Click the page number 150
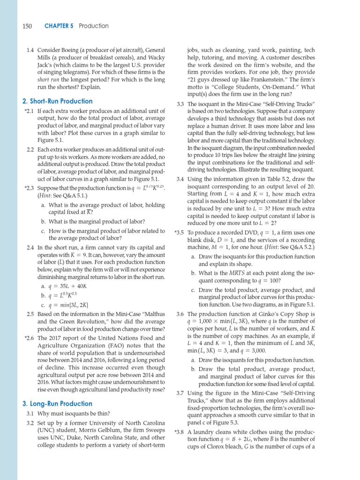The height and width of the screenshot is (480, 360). click(27, 26)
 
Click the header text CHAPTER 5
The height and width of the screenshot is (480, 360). click(59, 26)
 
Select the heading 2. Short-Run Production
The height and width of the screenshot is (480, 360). click(58, 101)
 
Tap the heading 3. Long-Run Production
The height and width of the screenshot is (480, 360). click(57, 404)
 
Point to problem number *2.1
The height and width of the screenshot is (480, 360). click(29, 112)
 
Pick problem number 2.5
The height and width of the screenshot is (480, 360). click(30, 315)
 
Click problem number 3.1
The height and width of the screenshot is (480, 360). click(30, 413)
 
